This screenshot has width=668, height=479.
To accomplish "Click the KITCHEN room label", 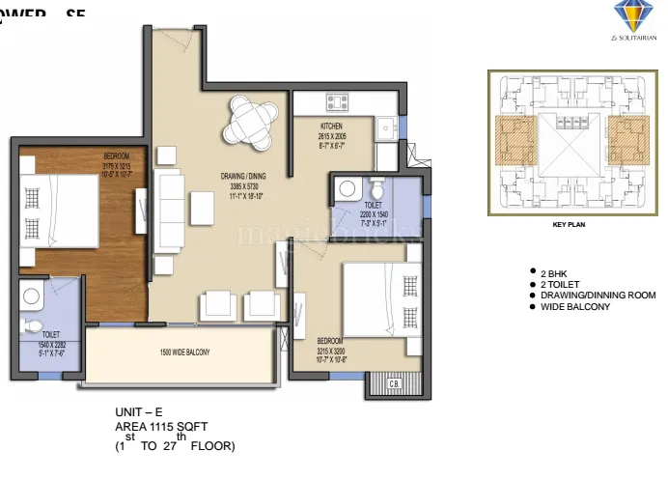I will click(x=331, y=126).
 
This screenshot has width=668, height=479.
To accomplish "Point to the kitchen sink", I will click(x=385, y=125).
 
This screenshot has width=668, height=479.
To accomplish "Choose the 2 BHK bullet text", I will click(x=558, y=273).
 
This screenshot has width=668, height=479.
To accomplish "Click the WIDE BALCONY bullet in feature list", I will click(x=575, y=306).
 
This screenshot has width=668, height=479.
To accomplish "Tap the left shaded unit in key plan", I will click(x=517, y=143).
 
